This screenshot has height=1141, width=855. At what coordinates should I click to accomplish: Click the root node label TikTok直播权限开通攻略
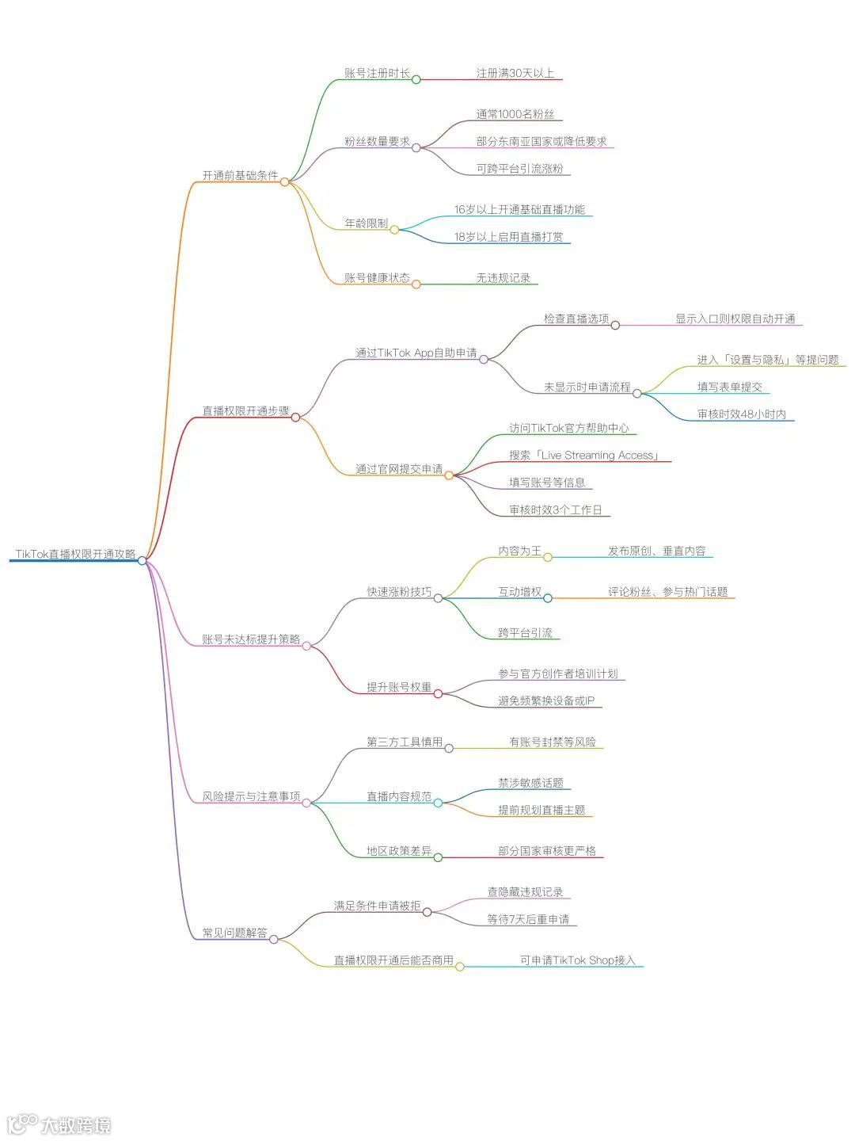click(x=75, y=554)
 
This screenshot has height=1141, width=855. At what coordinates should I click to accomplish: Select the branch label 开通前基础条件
click(x=240, y=175)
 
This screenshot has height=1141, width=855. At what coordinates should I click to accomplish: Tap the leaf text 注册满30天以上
click(x=515, y=73)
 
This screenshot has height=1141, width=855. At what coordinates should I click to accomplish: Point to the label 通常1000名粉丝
click(x=515, y=114)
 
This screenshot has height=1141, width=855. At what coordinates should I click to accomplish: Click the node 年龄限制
click(x=366, y=223)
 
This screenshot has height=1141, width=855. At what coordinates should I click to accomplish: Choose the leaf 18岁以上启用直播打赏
click(x=508, y=237)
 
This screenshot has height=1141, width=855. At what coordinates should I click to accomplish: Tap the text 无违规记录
click(x=503, y=278)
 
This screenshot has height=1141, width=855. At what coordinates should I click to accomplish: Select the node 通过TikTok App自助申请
click(x=416, y=353)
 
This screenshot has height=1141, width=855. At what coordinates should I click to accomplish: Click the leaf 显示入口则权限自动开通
click(x=735, y=319)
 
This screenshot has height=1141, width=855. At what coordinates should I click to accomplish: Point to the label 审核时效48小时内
click(x=741, y=414)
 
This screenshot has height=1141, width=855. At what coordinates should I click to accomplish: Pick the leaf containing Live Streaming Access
click(x=584, y=456)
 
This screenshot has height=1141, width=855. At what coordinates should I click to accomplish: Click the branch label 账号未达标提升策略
click(x=251, y=639)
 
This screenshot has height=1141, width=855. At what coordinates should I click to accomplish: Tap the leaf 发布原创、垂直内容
click(x=656, y=551)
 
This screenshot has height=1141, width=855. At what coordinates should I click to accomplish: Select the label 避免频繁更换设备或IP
click(x=545, y=700)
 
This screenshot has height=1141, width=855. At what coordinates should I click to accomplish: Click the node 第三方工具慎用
click(x=404, y=742)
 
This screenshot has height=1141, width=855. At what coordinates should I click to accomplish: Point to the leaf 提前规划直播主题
click(x=541, y=810)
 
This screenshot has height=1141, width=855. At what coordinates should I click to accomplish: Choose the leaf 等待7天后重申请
click(x=528, y=919)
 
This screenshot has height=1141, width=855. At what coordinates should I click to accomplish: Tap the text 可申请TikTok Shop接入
click(x=577, y=960)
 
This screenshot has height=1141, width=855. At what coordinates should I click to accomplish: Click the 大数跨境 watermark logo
click(x=59, y=1124)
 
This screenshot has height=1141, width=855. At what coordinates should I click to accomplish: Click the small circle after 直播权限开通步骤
click(x=295, y=418)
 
